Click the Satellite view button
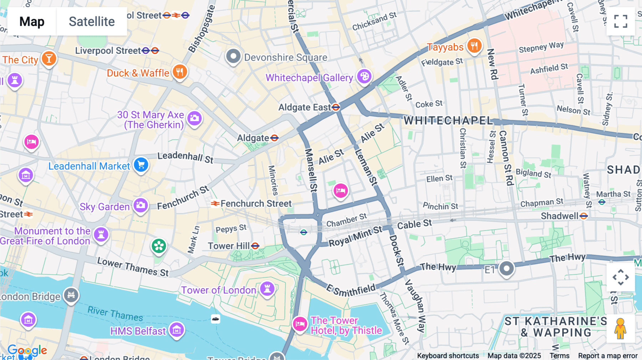point(92,21)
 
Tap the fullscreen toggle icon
point(621,21)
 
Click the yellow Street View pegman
point(620,329)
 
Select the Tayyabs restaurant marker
point(474,46)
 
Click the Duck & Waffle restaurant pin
point(180,72)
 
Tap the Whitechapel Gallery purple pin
point(364,76)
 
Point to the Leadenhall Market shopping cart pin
point(141,165)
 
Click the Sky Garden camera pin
point(141,205)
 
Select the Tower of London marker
point(267,288)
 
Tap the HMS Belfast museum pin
point(177,330)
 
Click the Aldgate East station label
point(305,107)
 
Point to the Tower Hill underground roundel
point(255,246)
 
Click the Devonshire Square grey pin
point(233,56)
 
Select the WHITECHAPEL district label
point(448,120)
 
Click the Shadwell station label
point(559,216)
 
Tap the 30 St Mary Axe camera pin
point(195,118)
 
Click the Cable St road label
point(414,225)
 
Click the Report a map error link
point(607,356)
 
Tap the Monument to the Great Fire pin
point(101,235)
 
